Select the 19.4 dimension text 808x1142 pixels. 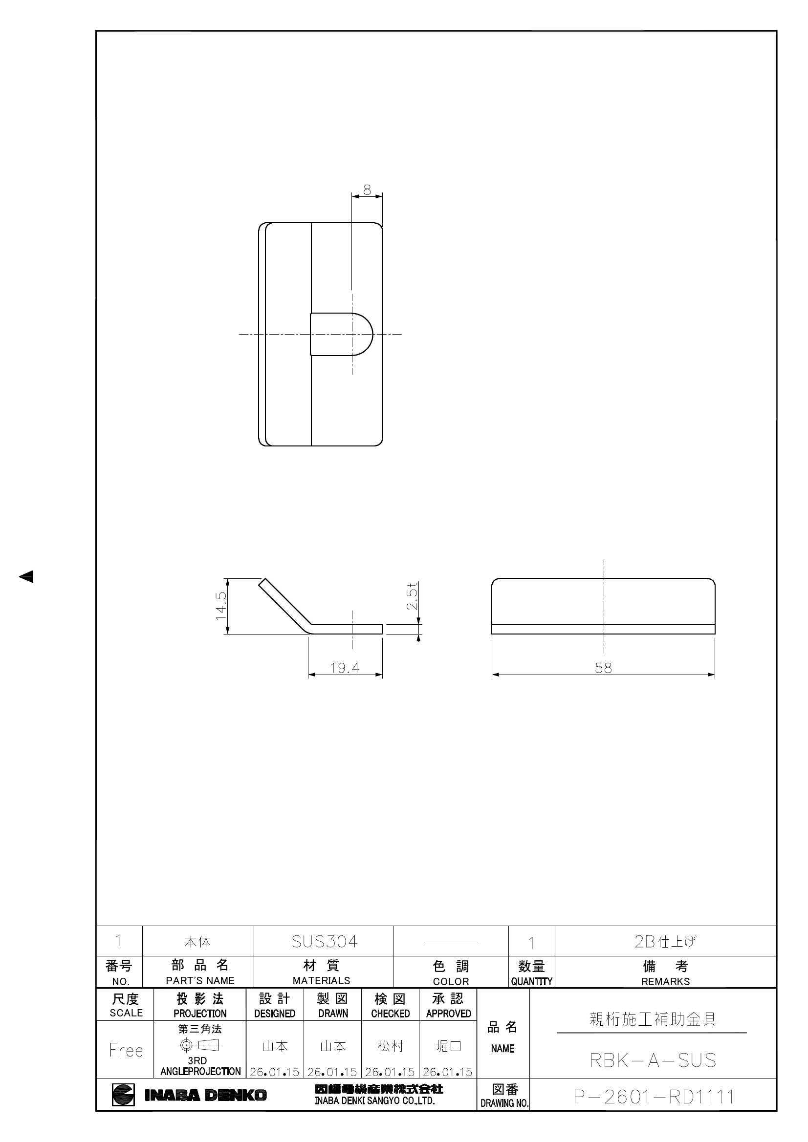pos(345,668)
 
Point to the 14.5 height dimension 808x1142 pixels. pos(221,605)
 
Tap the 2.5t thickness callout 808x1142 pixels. pos(412,596)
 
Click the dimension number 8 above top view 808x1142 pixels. pos(367,190)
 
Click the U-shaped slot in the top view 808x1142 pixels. pos(341,334)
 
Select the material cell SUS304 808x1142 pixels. pos(324,941)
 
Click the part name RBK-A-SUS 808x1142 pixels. pos(652,1060)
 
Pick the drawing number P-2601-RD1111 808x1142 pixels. pos(654,1096)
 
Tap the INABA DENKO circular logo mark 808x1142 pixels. pos(123,1095)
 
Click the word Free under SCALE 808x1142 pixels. pos(126,1051)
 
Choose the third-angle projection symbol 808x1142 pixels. pos(199,1045)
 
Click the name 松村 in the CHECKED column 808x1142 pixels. pos(390,1046)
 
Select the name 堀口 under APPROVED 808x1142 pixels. pos(448,1046)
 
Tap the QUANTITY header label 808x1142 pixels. pos(531,981)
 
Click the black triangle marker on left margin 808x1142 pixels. pos(26,576)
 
